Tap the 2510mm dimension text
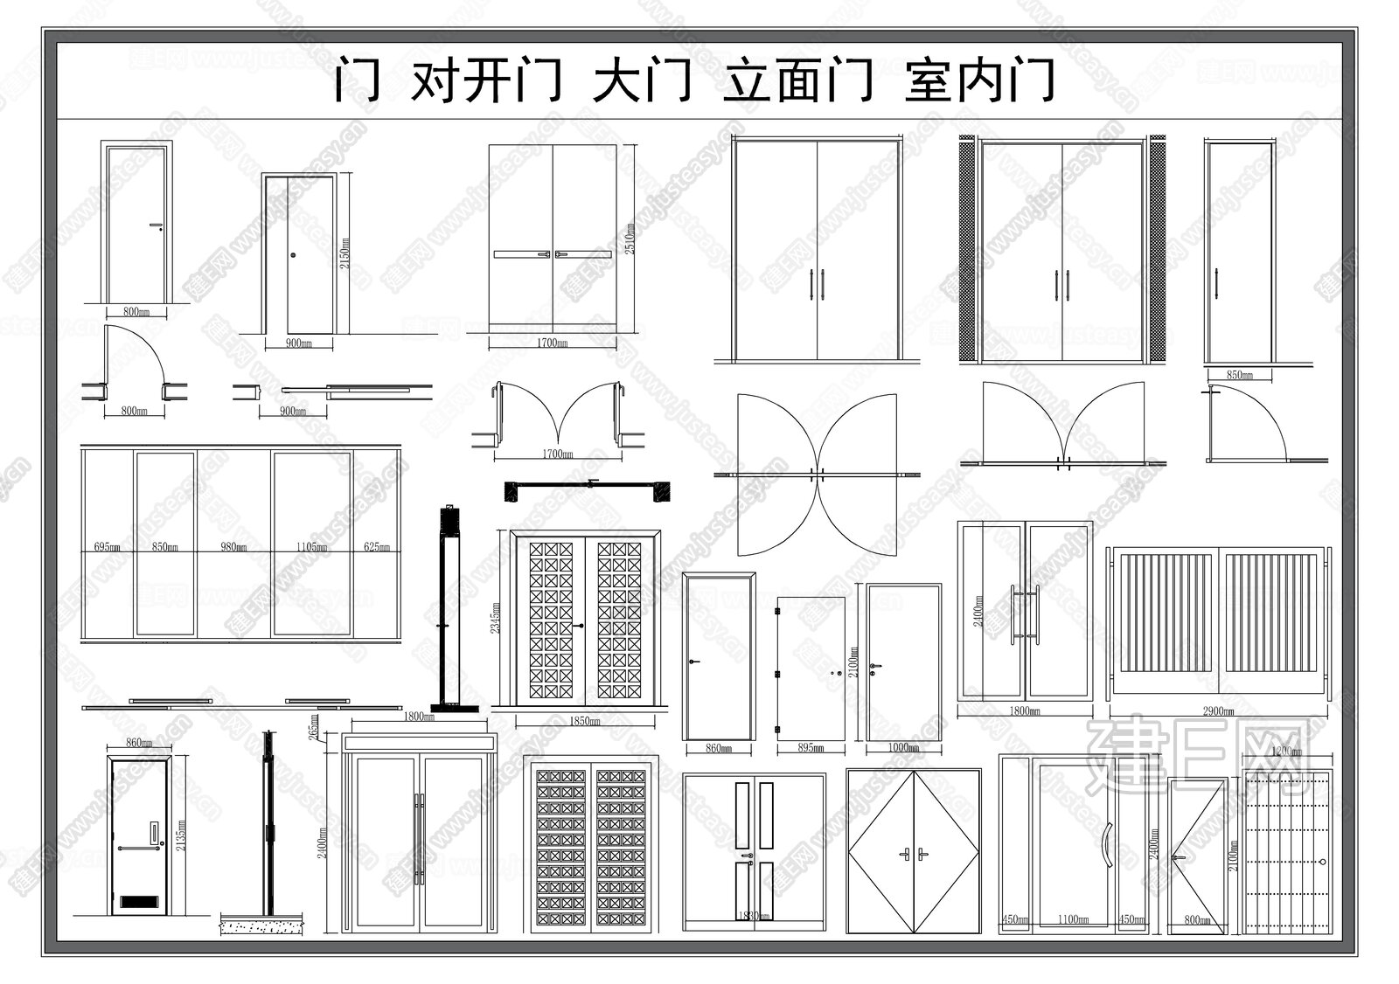(629, 237)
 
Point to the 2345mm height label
(498, 615)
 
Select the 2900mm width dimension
(1216, 711)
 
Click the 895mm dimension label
(811, 748)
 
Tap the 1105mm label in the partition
(313, 548)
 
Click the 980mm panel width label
(233, 548)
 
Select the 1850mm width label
(584, 722)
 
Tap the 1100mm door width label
(1075, 919)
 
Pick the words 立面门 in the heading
(797, 81)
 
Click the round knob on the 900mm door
(294, 255)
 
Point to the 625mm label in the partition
(378, 548)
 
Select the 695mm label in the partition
(107, 548)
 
